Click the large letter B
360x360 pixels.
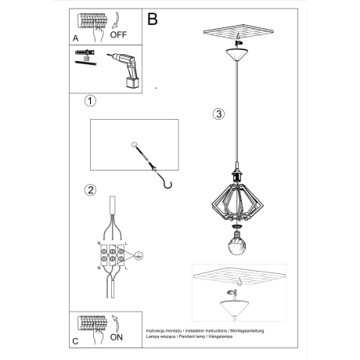tap(153, 17)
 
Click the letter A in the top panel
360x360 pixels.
tap(75, 38)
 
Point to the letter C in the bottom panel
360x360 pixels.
tap(75, 341)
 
